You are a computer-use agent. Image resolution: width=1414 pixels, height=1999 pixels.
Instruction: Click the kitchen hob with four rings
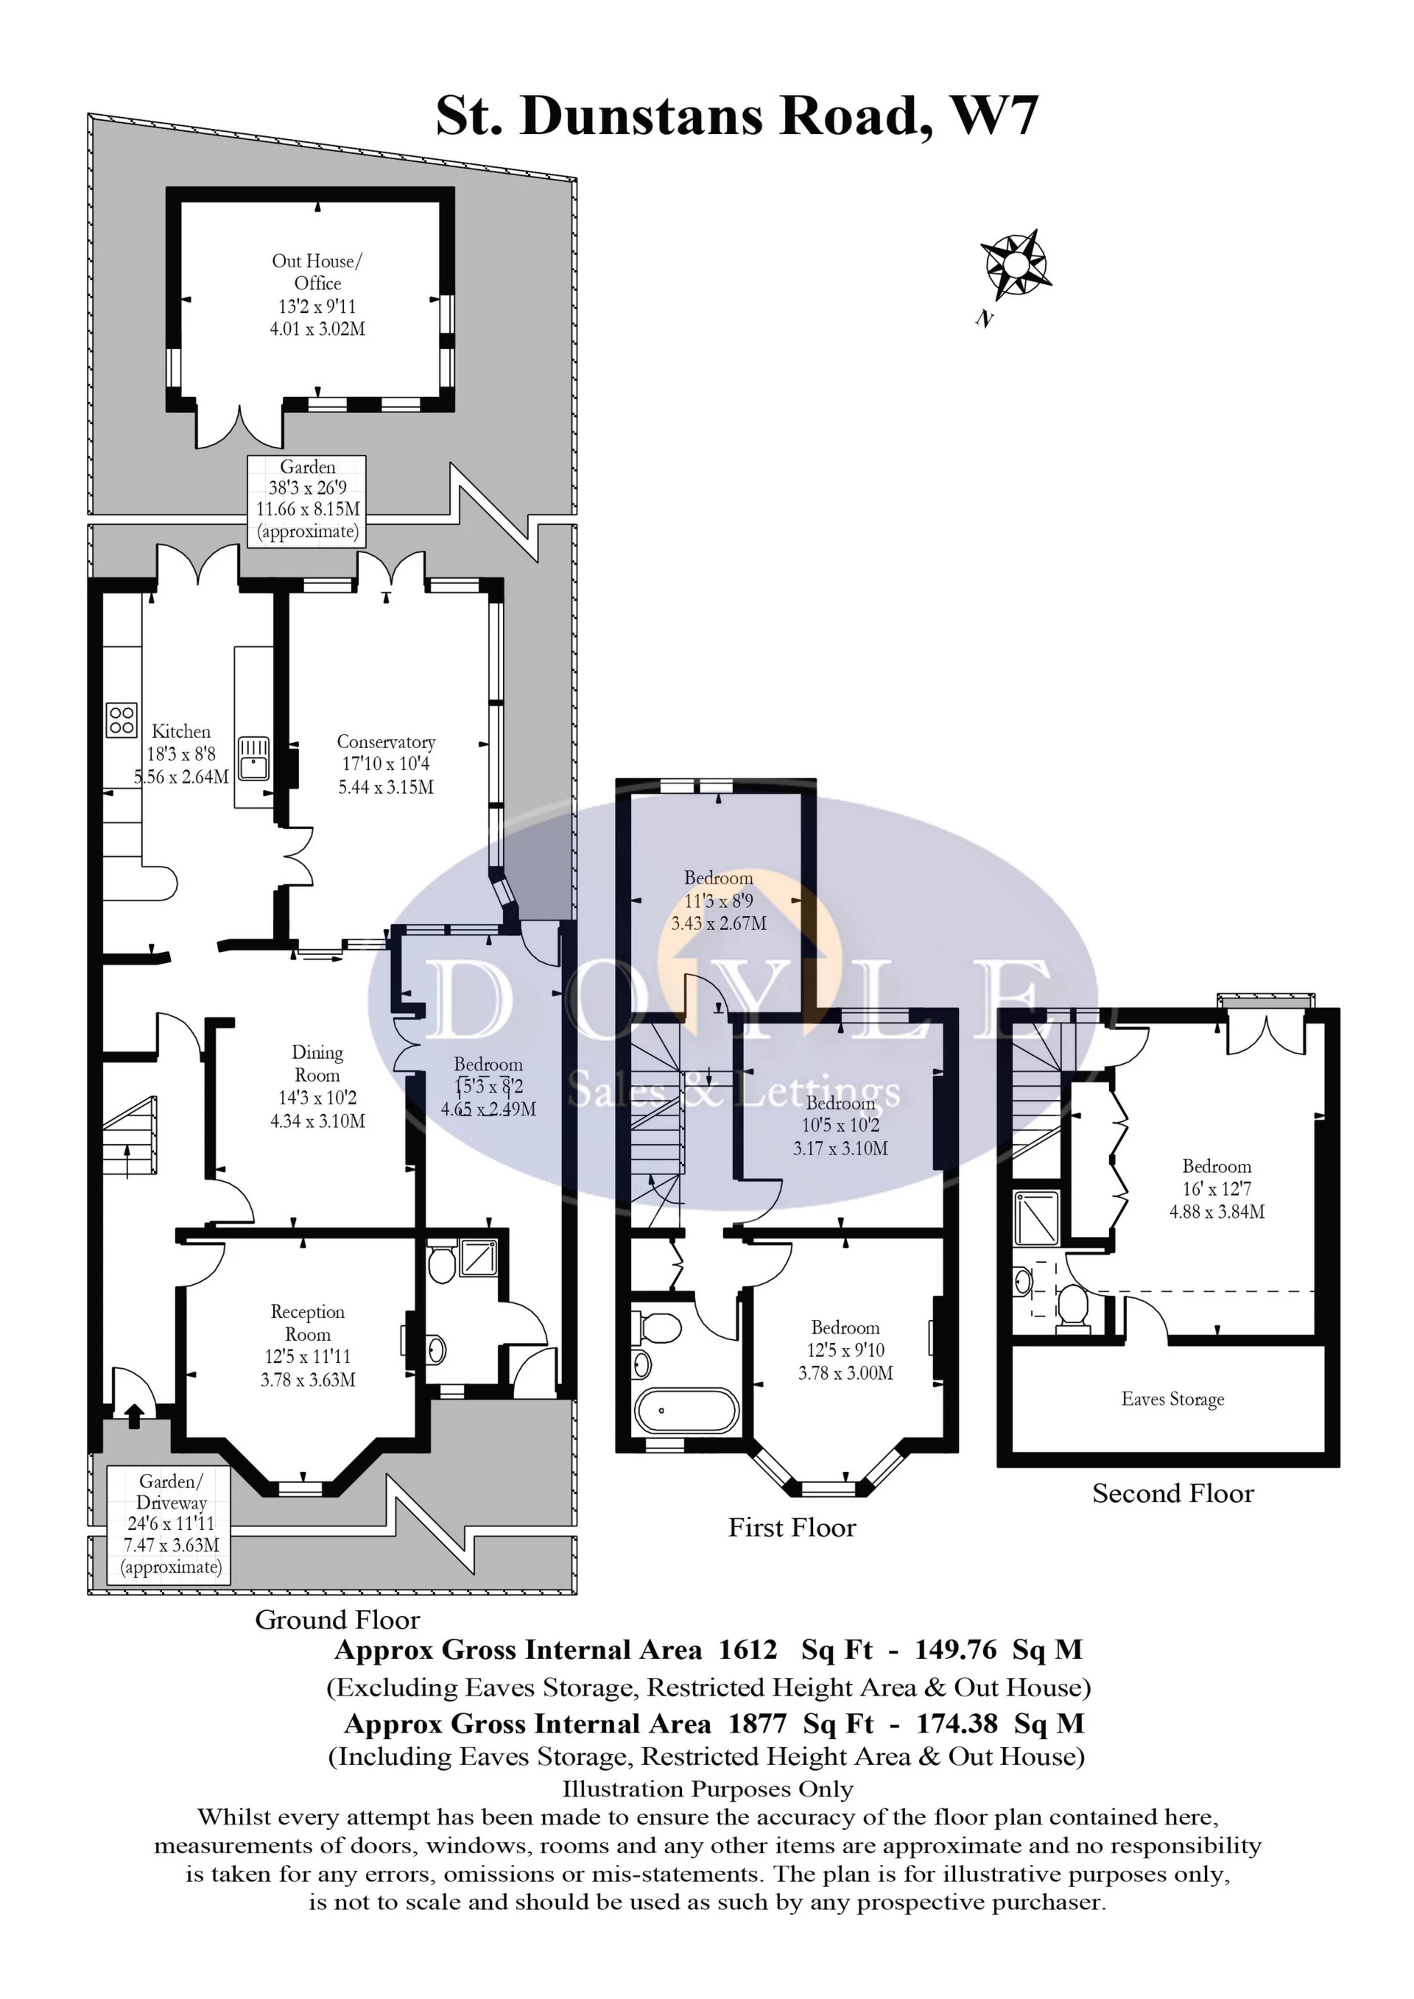122,720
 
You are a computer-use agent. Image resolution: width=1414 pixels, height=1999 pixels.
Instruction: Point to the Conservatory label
386,741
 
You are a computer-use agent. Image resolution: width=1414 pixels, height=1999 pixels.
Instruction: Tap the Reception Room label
307,1322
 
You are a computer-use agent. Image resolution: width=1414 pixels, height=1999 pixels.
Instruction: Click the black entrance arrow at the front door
133,1417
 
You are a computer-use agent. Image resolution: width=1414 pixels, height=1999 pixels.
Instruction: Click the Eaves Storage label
1172,1399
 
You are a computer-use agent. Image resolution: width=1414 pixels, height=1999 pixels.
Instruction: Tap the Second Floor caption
1173,1494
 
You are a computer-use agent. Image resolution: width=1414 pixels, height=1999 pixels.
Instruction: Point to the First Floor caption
792,1528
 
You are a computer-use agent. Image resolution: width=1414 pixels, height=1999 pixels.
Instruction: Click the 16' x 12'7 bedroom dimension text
1217,1189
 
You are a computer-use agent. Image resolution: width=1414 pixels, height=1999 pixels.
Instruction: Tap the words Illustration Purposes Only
707,1790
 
